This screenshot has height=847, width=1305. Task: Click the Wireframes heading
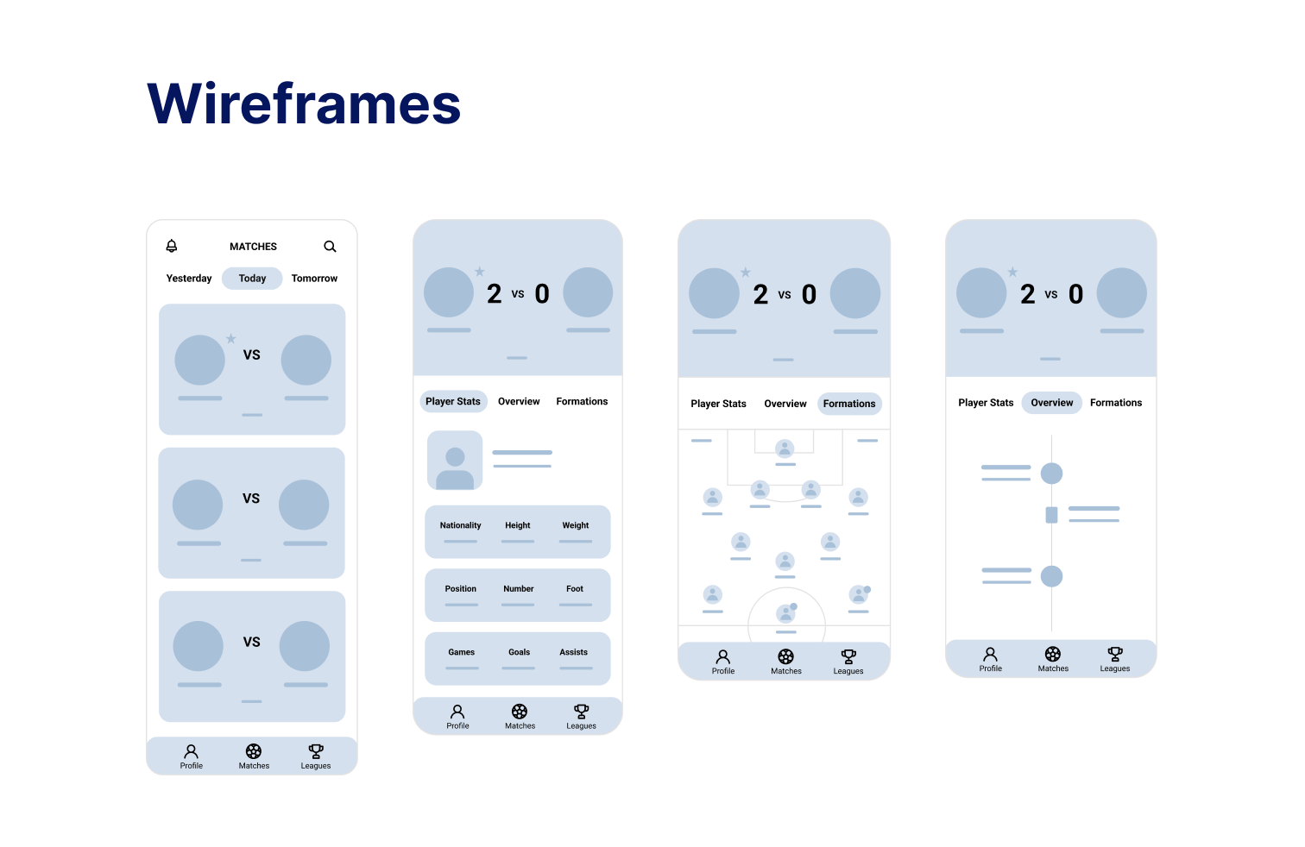[x=304, y=104]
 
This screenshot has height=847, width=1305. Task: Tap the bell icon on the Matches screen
[x=172, y=246]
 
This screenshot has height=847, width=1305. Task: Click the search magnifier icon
[x=330, y=247]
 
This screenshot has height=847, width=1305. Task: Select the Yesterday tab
[x=189, y=279]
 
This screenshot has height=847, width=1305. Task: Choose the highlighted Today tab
[x=252, y=279]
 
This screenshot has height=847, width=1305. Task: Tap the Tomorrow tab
[x=314, y=279]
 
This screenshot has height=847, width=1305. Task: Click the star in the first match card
[x=231, y=339]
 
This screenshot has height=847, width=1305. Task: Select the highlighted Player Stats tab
[x=453, y=402]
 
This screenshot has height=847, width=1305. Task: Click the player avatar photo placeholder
[x=455, y=461]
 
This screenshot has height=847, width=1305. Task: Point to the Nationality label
[x=460, y=525]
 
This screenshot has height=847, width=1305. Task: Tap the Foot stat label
[x=575, y=589]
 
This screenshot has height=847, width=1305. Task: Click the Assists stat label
[x=573, y=653]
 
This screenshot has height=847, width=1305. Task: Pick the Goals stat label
[x=519, y=653]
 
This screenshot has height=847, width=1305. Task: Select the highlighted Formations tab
[x=849, y=404]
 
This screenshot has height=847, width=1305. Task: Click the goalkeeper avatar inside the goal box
[x=785, y=448]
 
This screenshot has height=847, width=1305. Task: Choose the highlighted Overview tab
[x=1051, y=403]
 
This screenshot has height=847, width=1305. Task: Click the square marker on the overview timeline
[x=1051, y=515]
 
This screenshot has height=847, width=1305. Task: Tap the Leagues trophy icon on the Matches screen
[x=316, y=752]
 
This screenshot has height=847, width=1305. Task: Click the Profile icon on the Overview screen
[x=990, y=655]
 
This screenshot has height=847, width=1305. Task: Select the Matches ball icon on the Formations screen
[x=785, y=657]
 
